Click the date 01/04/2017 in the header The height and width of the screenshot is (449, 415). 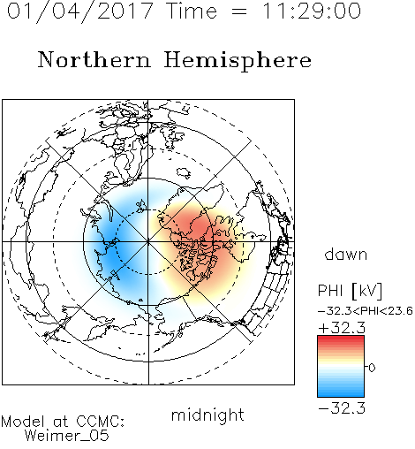pos(80,11)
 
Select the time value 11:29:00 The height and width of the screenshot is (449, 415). pos(312,11)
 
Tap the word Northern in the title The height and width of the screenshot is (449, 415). pos(94,60)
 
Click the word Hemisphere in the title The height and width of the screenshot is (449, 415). pos(238,61)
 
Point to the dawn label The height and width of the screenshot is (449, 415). pos(345,255)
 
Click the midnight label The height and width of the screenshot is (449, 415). pos(207,415)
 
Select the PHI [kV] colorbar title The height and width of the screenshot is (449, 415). pos(350,291)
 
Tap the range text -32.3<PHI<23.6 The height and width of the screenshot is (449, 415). pos(366,311)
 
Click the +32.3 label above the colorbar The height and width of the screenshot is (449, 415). pos(342,328)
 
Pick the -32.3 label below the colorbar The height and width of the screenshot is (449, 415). pos(342,408)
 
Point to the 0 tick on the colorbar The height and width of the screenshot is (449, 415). pos(372,368)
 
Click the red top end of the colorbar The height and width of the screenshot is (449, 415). pos(341,338)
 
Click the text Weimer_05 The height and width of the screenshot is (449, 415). pos(67,436)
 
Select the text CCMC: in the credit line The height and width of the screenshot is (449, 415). pos(100,422)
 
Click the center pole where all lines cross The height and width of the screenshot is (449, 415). pos(148,241)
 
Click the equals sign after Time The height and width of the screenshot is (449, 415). pos(238,11)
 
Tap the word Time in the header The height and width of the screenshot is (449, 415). pos(192,11)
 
